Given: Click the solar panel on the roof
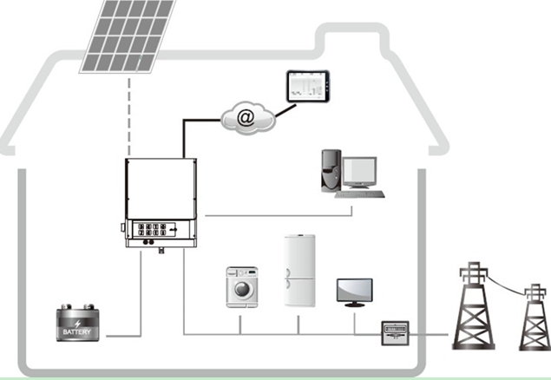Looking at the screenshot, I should click(128, 35).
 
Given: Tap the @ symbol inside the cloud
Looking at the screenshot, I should click(246, 118).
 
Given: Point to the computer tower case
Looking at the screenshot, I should click(328, 170).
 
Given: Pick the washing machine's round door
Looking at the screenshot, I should click(243, 288).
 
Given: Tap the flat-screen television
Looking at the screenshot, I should click(354, 291).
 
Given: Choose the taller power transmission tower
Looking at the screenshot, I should click(474, 310).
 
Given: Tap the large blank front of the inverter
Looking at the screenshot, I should click(161, 188).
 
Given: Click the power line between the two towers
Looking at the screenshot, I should click(508, 286).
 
